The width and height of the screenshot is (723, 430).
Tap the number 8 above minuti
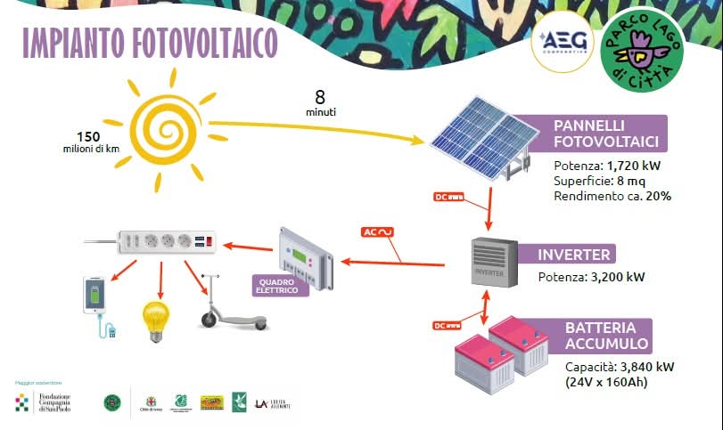point(320,97)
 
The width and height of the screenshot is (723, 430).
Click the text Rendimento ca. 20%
point(612,195)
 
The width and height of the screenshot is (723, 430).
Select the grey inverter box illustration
point(493,263)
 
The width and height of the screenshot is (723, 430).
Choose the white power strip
point(166,240)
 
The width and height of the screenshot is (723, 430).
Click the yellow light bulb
point(156,321)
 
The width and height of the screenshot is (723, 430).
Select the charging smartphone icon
point(95,301)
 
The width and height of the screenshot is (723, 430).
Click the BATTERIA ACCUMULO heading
point(606,336)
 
